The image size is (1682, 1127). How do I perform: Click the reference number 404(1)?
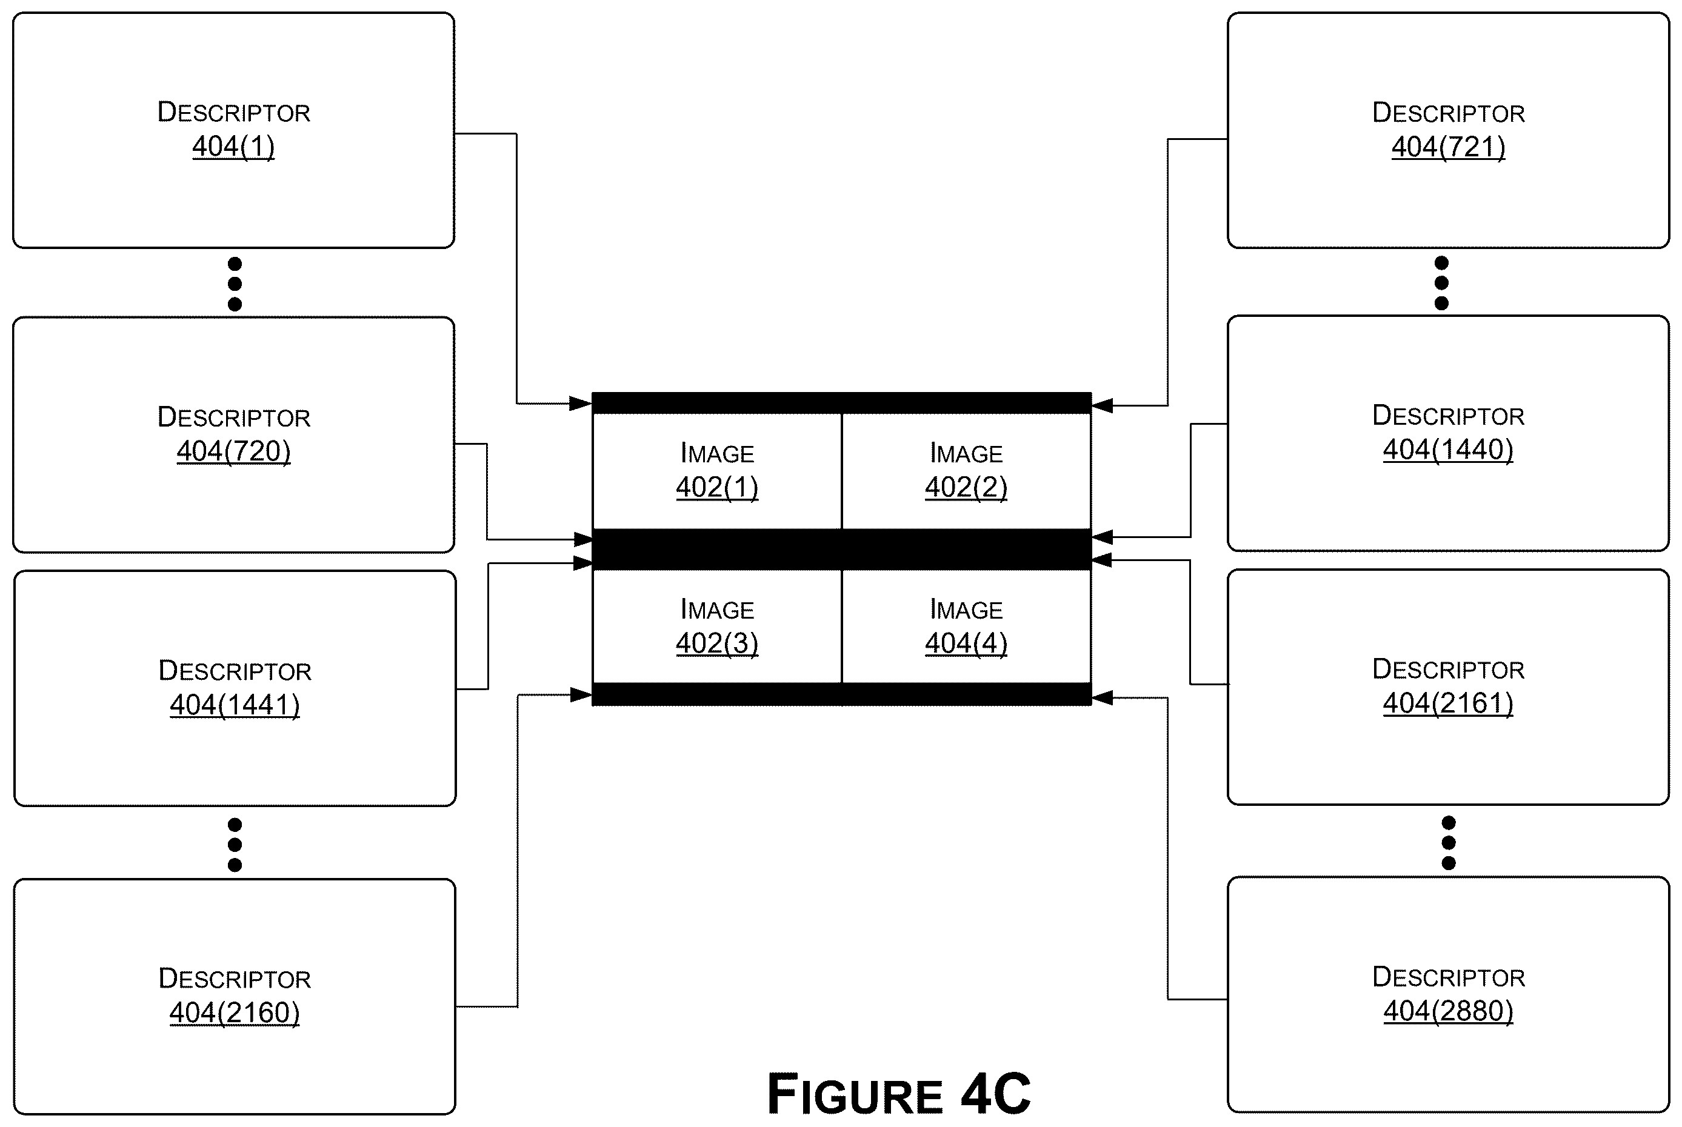pyautogui.click(x=233, y=147)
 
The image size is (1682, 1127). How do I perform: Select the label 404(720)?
pyautogui.click(x=233, y=451)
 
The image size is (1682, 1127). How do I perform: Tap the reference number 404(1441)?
pyautogui.click(x=235, y=705)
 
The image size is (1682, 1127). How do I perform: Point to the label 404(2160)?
pyautogui.click(x=235, y=1012)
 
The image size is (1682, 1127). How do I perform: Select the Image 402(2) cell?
pyautogui.click(x=966, y=471)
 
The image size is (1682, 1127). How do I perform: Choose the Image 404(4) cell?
pyautogui.click(x=966, y=626)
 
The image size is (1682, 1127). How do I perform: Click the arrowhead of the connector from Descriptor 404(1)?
pyautogui.click(x=581, y=403)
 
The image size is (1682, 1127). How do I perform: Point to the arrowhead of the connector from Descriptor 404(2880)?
pyautogui.click(x=1102, y=697)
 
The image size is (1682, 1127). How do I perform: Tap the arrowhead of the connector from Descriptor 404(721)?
pyautogui.click(x=1102, y=405)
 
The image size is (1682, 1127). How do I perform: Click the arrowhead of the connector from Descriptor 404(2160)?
pyautogui.click(x=581, y=694)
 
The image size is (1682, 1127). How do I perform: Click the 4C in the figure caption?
pyautogui.click(x=995, y=1094)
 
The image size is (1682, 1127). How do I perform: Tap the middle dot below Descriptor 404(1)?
pyautogui.click(x=235, y=284)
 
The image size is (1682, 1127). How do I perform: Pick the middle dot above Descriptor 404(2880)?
pyautogui.click(x=1449, y=842)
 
